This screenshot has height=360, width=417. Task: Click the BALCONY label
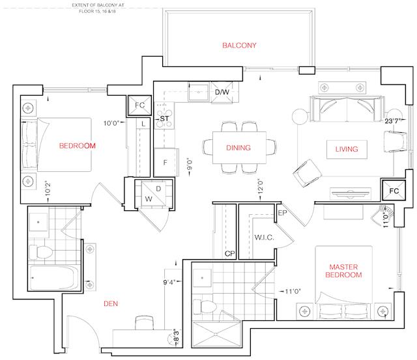coord(239,46)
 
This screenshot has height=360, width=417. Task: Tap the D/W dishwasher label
coord(222,92)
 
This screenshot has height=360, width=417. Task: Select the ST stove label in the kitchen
coord(164,118)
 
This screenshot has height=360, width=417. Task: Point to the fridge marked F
coord(165,162)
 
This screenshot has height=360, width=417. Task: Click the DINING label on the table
coord(238,148)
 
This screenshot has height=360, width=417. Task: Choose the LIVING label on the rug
coord(347,149)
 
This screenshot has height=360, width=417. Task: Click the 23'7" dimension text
coord(392,121)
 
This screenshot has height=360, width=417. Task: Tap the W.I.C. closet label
coord(264,238)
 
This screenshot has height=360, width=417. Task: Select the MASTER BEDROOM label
coord(343,271)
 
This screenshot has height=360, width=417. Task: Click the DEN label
coord(111,303)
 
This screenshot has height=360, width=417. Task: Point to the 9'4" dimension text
coord(169,282)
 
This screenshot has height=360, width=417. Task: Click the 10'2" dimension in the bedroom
coord(48,189)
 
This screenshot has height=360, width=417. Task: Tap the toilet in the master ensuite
coord(205,307)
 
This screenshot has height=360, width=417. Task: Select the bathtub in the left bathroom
coord(54,277)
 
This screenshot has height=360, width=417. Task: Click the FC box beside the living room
coord(394,191)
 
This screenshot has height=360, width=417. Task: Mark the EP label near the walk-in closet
coord(282,213)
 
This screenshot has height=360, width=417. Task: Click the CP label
coord(230,254)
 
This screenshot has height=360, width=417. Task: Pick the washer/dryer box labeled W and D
coord(154,194)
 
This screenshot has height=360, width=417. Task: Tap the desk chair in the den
coord(145,323)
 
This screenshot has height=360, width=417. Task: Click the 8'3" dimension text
coord(176,336)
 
